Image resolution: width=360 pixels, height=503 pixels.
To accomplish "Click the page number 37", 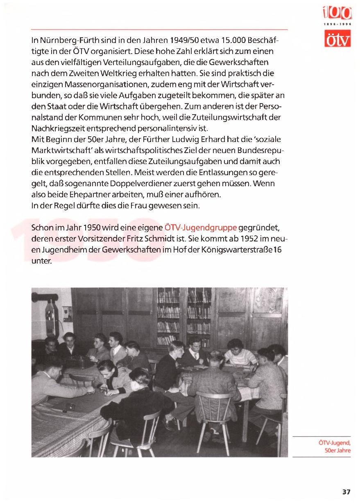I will pyautogui.click(x=346, y=492).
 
